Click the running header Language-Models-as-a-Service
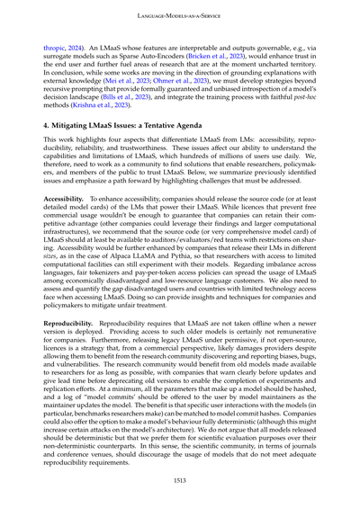(x=180, y=16)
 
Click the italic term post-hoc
(x=303, y=103)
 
